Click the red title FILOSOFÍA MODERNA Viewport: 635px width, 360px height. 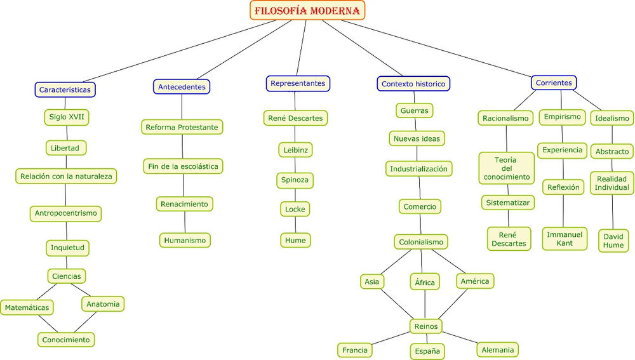pos(307,11)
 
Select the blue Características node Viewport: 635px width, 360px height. pos(65,90)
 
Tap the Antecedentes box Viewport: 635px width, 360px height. pos(182,86)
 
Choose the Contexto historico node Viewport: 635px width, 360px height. pos(413,84)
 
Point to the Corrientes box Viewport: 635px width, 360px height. pos(554,83)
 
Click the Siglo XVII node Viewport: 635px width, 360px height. pos(67,117)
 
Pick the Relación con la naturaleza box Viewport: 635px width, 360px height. pos(66,176)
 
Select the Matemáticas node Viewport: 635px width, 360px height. pos(27,307)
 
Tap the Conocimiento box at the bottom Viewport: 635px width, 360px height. pos(66,340)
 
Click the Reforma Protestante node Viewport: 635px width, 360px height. pos(182,127)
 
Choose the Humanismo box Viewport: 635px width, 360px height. pos(185,240)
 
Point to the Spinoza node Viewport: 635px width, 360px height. pos(295,180)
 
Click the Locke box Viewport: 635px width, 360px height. pos(295,209)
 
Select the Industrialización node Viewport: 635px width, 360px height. pos(418,169)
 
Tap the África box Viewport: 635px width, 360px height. pos(424,283)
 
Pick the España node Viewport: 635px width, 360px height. pos(427,351)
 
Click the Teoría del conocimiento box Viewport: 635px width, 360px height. pos(506,168)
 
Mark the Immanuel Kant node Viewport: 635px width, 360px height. pos(565,239)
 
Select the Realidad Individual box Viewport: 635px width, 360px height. pos(612,183)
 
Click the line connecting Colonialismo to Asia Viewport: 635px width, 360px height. pos(396,262)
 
